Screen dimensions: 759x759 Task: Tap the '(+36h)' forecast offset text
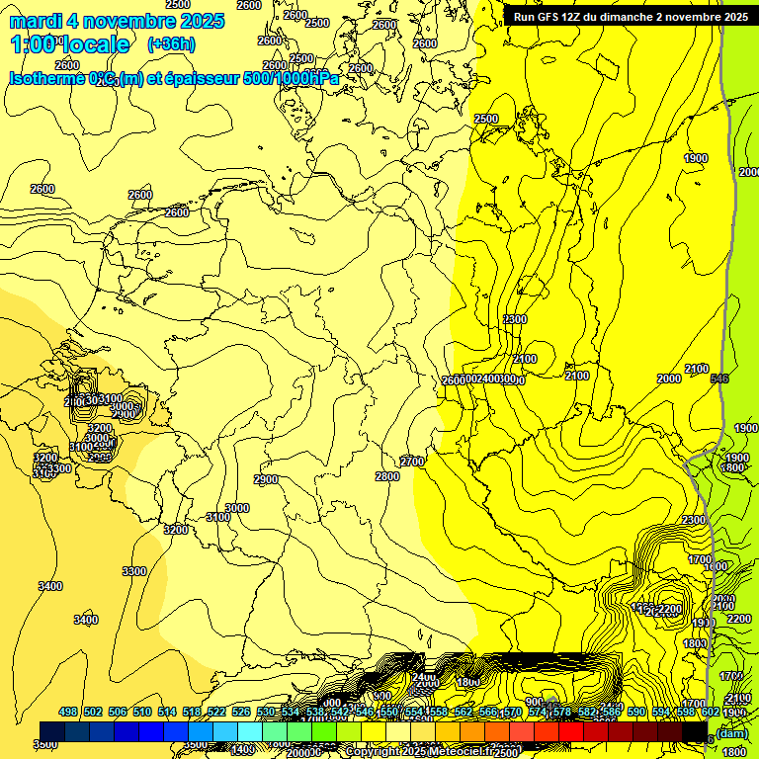pos(171,44)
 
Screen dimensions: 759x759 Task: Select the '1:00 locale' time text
pos(70,44)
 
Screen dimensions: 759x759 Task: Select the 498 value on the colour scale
pos(68,713)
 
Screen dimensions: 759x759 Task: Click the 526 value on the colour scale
pos(241,713)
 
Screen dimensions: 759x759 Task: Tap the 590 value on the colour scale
pos(636,713)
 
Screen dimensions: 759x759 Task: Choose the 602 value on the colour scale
pos(711,713)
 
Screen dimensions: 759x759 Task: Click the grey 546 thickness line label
pos(718,379)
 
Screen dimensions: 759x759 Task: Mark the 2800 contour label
pos(387,476)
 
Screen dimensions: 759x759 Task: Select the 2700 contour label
pos(412,462)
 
